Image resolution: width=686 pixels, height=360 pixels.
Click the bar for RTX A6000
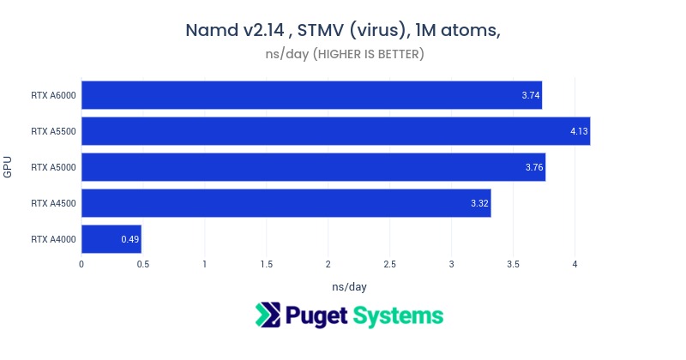[311, 94]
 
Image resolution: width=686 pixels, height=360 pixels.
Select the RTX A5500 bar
[335, 131]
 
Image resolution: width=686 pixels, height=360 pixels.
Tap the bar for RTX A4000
[111, 239]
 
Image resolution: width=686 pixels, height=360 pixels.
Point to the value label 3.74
[531, 94]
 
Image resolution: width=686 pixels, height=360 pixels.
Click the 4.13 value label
[579, 131]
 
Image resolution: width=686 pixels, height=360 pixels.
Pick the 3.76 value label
[534, 167]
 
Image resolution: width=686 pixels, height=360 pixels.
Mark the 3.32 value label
[479, 203]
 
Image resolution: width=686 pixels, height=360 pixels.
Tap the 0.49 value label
[129, 239]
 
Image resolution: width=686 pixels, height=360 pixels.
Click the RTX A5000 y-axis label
[52, 167]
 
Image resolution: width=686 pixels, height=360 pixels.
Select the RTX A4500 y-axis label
[52, 203]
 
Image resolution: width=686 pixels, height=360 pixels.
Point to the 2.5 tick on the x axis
[389, 265]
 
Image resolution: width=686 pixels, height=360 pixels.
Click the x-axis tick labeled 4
[575, 265]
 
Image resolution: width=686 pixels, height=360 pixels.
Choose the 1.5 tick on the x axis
[266, 265]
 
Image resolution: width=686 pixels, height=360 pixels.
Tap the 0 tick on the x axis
[81, 265]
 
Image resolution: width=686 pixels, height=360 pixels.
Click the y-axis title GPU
[8, 166]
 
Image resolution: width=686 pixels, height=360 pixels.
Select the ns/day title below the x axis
[349, 285]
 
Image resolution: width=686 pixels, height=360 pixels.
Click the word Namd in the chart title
[211, 31]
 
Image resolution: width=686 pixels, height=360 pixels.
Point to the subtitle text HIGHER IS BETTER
[368, 55]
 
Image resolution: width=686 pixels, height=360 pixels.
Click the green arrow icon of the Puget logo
[268, 315]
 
